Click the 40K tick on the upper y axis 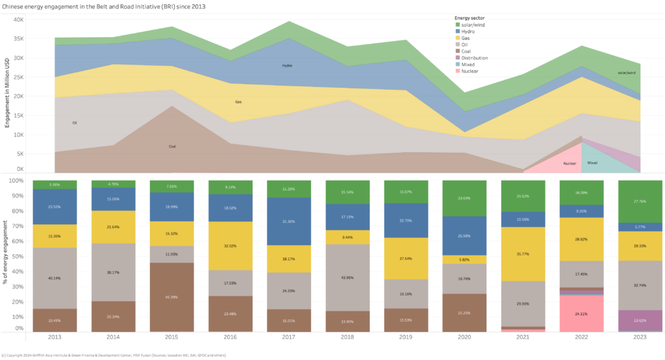(19, 19)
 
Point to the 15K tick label (19, 116)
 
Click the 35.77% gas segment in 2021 (522, 254)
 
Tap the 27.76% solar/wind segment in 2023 (640, 201)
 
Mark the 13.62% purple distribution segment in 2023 (640, 320)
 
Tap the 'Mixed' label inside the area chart (592, 163)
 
